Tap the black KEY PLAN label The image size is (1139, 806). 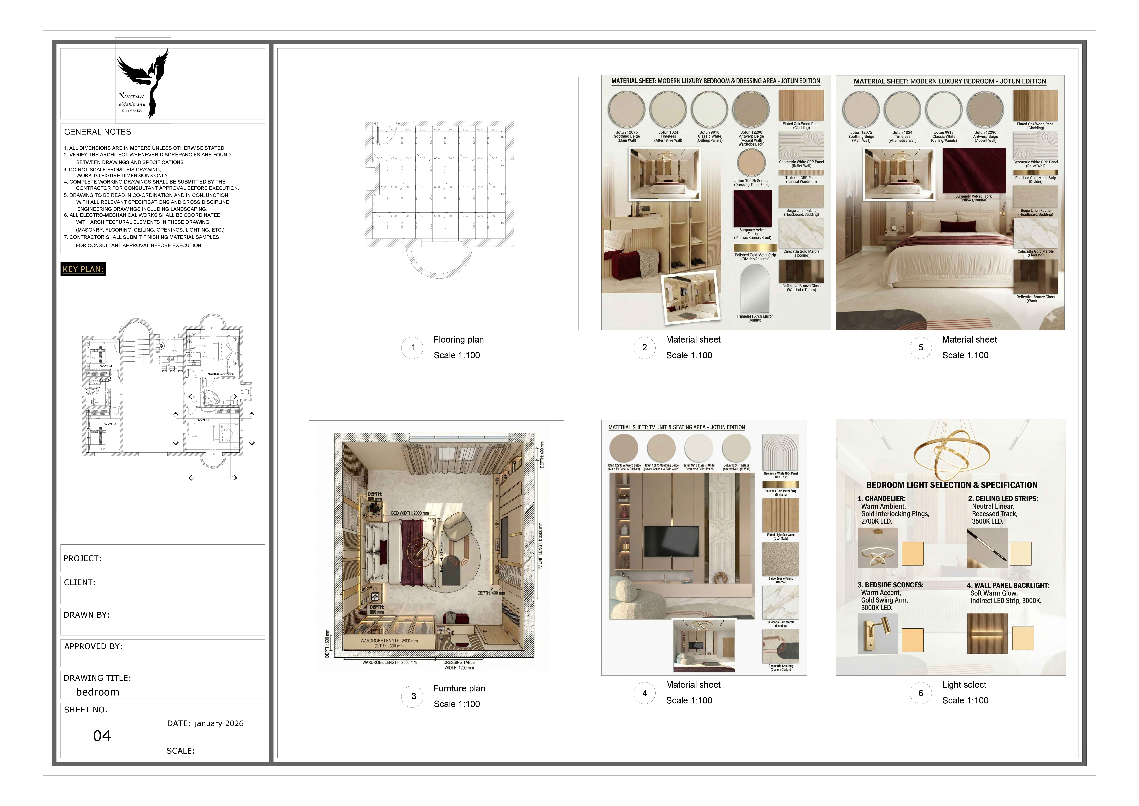click(83, 269)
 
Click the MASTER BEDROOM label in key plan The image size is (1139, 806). click(221, 374)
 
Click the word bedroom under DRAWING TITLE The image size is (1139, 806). click(98, 692)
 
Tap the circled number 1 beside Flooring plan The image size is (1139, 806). click(413, 347)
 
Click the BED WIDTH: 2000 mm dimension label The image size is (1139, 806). click(410, 513)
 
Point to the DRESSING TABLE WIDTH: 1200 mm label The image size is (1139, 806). click(459, 665)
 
